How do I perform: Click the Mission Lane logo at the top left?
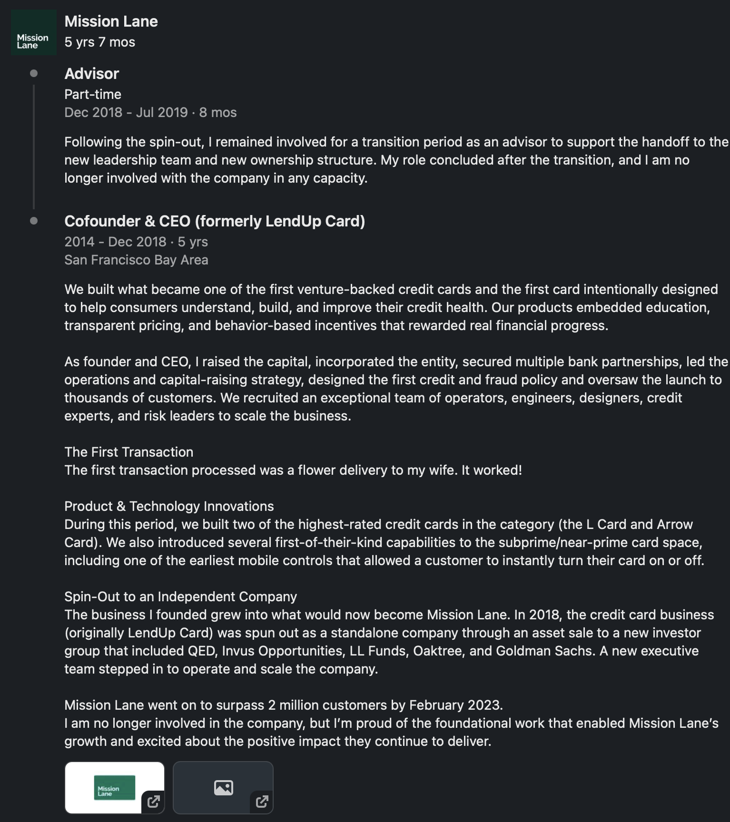point(33,33)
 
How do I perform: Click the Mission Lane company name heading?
point(111,21)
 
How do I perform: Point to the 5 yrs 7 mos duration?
point(99,42)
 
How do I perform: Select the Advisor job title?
point(91,74)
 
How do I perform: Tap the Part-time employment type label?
point(93,94)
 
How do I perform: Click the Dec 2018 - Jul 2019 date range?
point(126,112)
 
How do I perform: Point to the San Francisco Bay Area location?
point(136,260)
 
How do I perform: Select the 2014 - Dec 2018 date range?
point(115,242)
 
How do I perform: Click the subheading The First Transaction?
point(128,452)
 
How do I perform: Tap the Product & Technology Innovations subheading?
point(169,506)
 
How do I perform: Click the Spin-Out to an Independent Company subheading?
point(180,597)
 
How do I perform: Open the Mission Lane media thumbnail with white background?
point(115,787)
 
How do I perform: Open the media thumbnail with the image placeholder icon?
point(223,787)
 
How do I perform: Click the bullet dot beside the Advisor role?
point(34,73)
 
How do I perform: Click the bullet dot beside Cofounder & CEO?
point(34,221)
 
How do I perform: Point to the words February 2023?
point(455,705)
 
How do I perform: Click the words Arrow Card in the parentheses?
point(675,524)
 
